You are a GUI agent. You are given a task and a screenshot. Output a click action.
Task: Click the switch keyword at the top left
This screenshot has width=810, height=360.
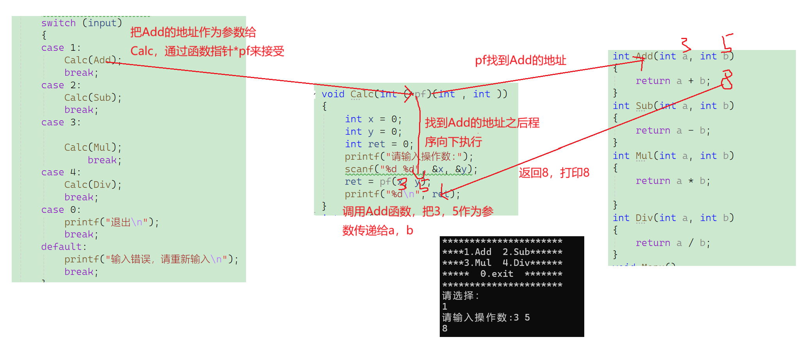[58, 23]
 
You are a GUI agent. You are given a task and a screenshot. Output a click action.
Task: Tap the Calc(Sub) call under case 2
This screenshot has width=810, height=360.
[93, 98]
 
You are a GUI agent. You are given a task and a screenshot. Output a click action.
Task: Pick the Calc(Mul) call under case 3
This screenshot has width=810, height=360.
[93, 148]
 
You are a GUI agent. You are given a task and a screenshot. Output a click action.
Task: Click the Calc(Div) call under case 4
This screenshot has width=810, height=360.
[93, 185]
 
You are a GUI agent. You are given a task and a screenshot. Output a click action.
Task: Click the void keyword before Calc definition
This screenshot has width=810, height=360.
[333, 94]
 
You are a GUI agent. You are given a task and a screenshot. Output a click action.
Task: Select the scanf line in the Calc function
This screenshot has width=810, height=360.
[410, 169]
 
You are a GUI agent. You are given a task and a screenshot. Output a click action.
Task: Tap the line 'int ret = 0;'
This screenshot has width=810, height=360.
[378, 144]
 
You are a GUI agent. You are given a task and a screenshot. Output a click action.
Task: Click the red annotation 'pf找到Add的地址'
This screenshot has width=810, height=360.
[520, 61]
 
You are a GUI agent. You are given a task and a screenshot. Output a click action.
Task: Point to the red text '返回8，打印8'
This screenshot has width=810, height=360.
[554, 173]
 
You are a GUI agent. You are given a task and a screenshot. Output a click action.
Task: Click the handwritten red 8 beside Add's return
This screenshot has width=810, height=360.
[726, 80]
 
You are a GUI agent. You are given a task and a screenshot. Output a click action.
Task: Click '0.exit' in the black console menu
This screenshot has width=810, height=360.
[496, 274]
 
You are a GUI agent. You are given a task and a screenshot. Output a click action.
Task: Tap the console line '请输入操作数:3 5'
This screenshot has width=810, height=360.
[486, 317]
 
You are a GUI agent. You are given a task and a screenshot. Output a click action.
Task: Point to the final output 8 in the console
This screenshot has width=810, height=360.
[445, 328]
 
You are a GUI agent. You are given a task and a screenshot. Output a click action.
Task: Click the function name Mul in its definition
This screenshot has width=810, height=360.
[644, 156]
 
